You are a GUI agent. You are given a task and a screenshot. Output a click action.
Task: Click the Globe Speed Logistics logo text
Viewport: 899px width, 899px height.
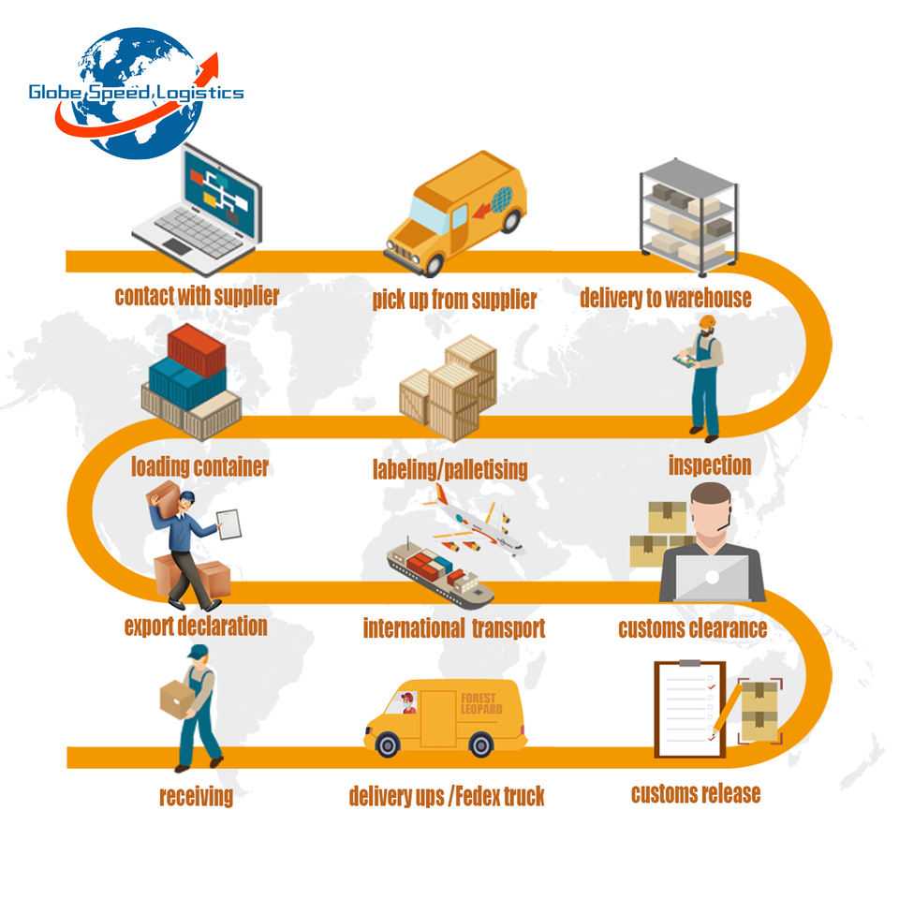pos(137,93)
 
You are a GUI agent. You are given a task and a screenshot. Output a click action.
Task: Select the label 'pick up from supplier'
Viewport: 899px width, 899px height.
pos(454,300)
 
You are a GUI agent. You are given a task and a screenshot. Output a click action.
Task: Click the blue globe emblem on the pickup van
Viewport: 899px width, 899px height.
pos(502,199)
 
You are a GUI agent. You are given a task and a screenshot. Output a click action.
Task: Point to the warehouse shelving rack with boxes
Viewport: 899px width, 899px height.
pos(688,214)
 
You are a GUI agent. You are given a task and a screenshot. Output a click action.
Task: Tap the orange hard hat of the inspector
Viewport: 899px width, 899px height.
pos(708,321)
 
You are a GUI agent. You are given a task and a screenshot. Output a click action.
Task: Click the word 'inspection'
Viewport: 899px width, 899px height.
pos(710,465)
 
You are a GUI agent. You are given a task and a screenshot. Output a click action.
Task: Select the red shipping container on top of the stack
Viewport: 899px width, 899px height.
pos(197,348)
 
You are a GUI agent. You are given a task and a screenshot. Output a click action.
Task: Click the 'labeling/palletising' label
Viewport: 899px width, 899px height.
pos(450,469)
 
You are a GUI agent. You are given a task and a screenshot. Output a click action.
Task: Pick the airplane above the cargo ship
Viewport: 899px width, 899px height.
pos(474,521)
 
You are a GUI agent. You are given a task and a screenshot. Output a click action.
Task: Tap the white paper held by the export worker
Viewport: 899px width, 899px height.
pos(228,524)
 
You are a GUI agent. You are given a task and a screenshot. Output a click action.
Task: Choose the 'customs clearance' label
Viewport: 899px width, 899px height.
pos(693,628)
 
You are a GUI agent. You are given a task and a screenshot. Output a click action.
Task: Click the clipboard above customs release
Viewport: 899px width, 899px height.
pos(690,709)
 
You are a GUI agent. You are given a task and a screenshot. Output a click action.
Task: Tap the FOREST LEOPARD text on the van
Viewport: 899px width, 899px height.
pos(481,703)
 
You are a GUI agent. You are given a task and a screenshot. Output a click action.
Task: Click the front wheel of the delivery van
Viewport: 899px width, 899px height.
pos(387,744)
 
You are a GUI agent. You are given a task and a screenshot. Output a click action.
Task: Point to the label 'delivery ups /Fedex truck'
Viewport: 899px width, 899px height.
pos(447,796)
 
